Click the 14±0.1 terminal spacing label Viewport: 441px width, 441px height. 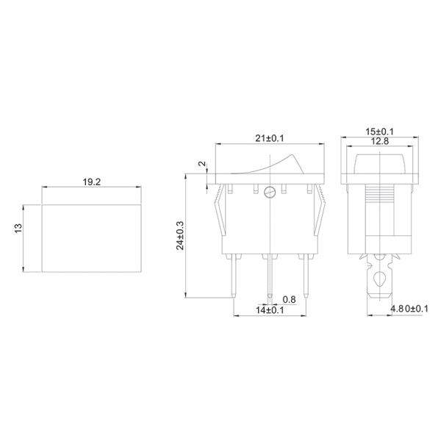tap(270, 311)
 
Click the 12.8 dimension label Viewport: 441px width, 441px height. tap(380, 141)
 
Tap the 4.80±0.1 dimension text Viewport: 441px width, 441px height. tap(408, 309)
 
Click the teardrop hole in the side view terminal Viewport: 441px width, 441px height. tap(379, 279)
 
